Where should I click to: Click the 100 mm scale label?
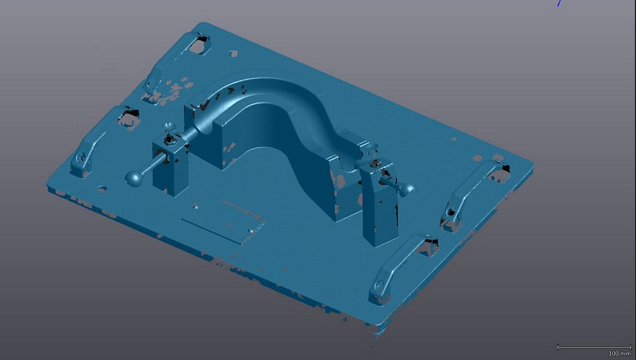click(x=619, y=354)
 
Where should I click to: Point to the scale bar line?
click(x=594, y=347)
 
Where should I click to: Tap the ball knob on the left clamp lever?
click(x=134, y=178)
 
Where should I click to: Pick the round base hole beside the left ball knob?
click(x=102, y=189)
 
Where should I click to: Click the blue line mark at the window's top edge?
click(x=559, y=3)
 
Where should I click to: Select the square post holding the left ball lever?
click(x=170, y=166)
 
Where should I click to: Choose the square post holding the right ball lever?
click(x=379, y=203)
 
